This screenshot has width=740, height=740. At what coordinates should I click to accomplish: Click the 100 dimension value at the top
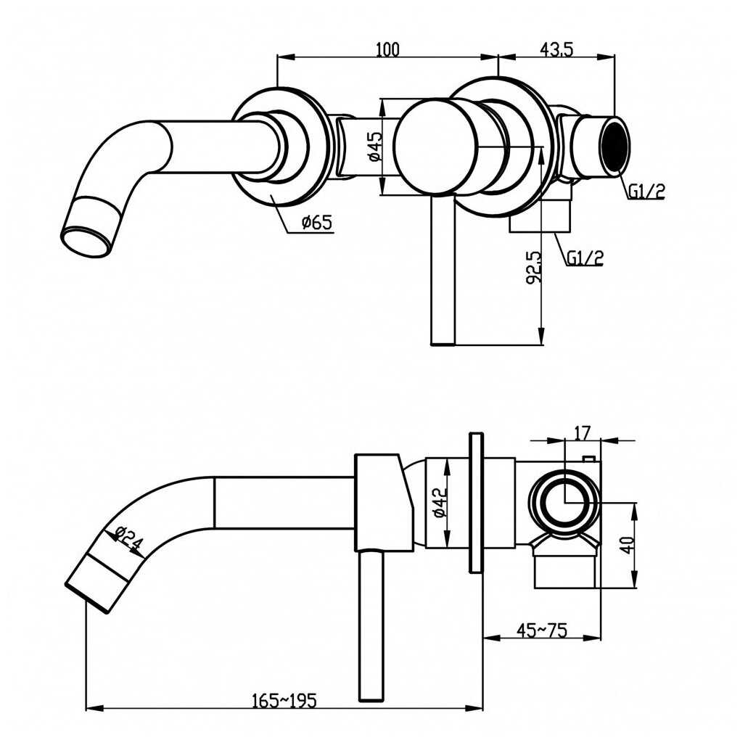388,49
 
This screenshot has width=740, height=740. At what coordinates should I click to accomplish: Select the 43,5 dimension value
556,49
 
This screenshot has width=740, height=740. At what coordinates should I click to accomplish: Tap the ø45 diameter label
374,147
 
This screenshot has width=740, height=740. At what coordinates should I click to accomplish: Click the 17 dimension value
582,433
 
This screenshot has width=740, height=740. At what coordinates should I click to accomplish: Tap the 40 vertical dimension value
628,542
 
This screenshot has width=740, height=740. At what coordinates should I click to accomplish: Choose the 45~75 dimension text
542,630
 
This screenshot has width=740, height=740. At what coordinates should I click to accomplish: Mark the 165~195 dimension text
284,701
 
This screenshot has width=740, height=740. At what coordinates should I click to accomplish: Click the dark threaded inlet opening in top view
614,144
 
